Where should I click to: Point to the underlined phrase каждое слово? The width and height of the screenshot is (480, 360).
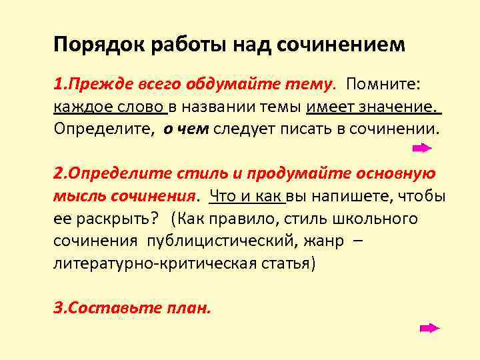tap(109, 107)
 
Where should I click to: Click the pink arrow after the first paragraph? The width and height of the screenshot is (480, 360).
tap(422, 149)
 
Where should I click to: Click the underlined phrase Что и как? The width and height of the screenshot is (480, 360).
tap(247, 197)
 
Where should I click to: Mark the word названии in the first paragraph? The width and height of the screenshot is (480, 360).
tap(213, 107)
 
